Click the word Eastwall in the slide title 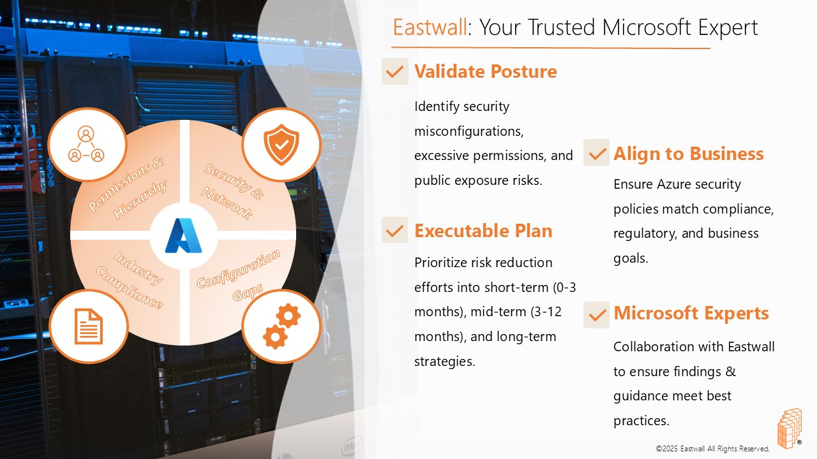430,27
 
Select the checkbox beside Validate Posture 395,71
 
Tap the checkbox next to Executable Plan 394,230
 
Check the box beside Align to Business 596,152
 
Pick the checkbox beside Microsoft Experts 596,315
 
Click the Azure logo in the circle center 183,235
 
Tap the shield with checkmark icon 281,145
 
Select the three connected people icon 86,144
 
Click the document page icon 88,326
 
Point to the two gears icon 281,326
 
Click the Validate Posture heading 486,71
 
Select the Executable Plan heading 483,231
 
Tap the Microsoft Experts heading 691,313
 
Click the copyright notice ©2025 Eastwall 712,449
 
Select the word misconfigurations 468,131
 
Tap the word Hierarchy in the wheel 140,200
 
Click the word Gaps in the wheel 248,292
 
